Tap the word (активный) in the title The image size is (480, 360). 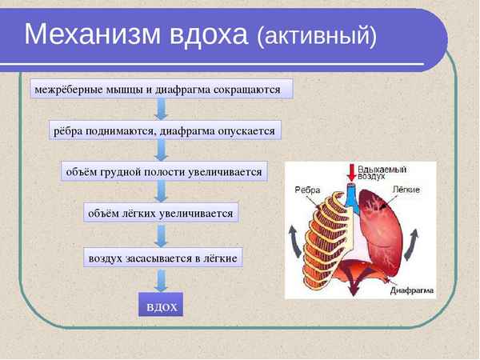(x=316, y=36)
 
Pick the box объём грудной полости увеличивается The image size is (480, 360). (x=163, y=172)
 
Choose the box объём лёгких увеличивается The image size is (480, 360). (x=161, y=214)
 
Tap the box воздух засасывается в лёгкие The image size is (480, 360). (x=163, y=258)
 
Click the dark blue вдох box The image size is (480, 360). (x=161, y=306)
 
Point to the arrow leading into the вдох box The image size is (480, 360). (x=161, y=280)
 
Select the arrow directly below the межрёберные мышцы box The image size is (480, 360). (x=161, y=109)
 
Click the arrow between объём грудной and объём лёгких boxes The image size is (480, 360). (x=161, y=192)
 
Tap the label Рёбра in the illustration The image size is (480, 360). (x=308, y=190)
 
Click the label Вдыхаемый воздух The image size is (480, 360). (x=382, y=173)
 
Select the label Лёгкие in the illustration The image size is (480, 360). (x=407, y=190)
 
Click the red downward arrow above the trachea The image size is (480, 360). (x=350, y=172)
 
